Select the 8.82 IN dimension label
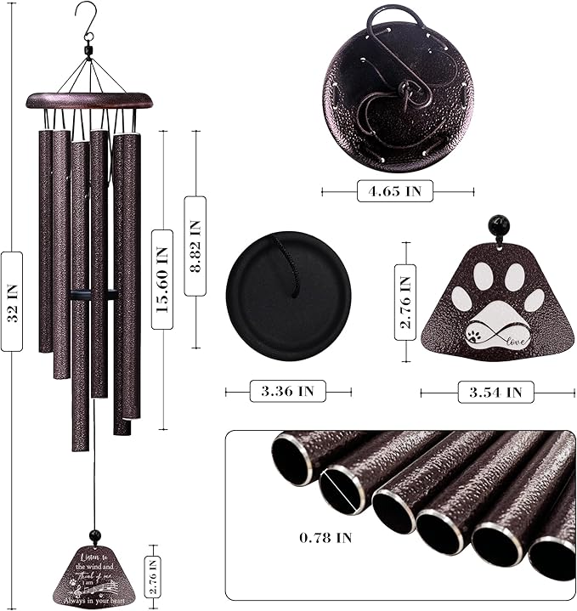195,246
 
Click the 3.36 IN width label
288,392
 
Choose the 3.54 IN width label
495,392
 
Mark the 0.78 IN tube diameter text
326,537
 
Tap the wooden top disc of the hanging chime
88,100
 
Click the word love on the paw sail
517,341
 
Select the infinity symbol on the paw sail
486,335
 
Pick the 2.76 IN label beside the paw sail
405,302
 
